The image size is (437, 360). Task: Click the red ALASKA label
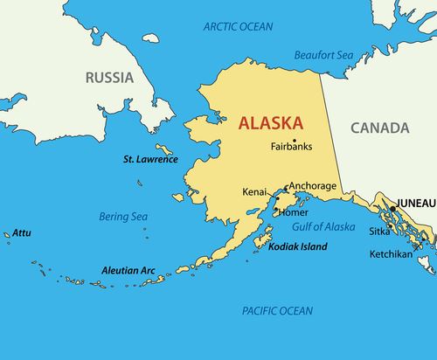[271, 123]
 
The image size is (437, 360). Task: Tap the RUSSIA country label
[109, 78]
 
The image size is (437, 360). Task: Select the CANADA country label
[379, 128]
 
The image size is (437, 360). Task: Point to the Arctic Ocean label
[238, 27]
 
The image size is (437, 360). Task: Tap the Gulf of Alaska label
[323, 227]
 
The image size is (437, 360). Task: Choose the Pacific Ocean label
[276, 310]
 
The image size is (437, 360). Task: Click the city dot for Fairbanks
[295, 140]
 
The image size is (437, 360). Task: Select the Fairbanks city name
[291, 147]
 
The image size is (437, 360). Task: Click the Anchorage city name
[312, 185]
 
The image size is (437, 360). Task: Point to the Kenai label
[254, 191]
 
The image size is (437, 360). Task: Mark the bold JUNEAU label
[415, 203]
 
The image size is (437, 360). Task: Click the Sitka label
[379, 232]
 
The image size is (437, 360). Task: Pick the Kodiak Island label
[297, 247]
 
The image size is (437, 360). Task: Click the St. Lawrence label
[150, 160]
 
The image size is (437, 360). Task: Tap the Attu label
[22, 233]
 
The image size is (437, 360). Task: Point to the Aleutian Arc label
[128, 271]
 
